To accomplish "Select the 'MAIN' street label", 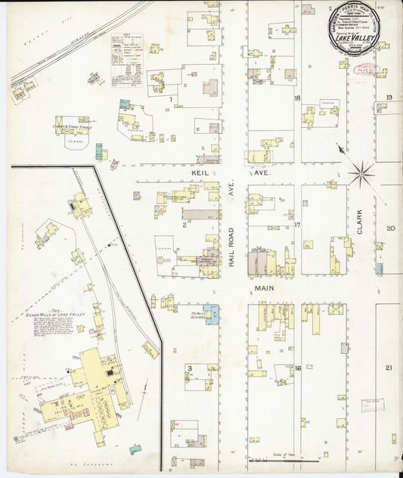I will click(x=263, y=288).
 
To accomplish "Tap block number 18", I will click(x=298, y=99).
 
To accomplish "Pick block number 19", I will click(x=389, y=98).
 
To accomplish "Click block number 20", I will click(x=390, y=228).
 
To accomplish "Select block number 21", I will click(x=389, y=368).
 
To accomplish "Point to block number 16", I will click(x=298, y=368).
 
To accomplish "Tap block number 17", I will click(x=298, y=225).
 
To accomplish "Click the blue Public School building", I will click(x=213, y=313).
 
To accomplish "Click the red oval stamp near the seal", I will click(x=367, y=71).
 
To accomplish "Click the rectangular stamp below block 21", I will click(x=372, y=405).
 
